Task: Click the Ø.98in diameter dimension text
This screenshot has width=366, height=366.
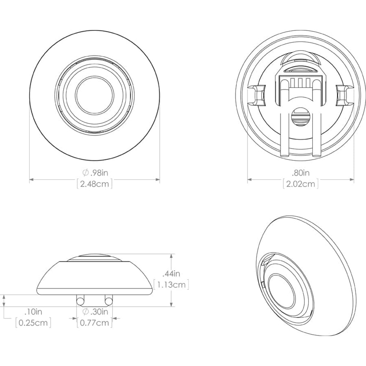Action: [x=95, y=172]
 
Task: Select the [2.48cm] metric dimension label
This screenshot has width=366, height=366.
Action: [x=95, y=184]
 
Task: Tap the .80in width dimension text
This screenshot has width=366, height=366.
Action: [x=300, y=172]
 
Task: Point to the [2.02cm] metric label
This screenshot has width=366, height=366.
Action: [x=300, y=184]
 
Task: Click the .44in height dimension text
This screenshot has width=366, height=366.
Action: [x=171, y=273]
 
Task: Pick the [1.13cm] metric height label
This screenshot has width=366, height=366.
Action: [x=172, y=284]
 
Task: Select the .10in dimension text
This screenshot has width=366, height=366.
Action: [x=33, y=312]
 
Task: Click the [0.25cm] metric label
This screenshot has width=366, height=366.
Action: [x=33, y=323]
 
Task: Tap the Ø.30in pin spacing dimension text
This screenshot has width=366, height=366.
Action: [x=95, y=312]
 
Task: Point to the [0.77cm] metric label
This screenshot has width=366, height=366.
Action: [x=95, y=323]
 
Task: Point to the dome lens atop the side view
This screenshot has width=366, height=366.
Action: [x=95, y=258]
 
